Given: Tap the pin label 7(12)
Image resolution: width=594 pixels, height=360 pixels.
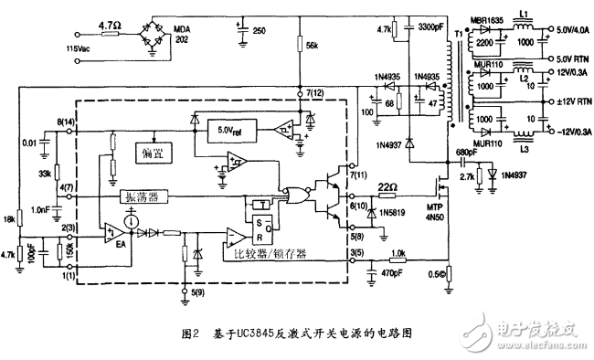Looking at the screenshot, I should pyautogui.click(x=313, y=95).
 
